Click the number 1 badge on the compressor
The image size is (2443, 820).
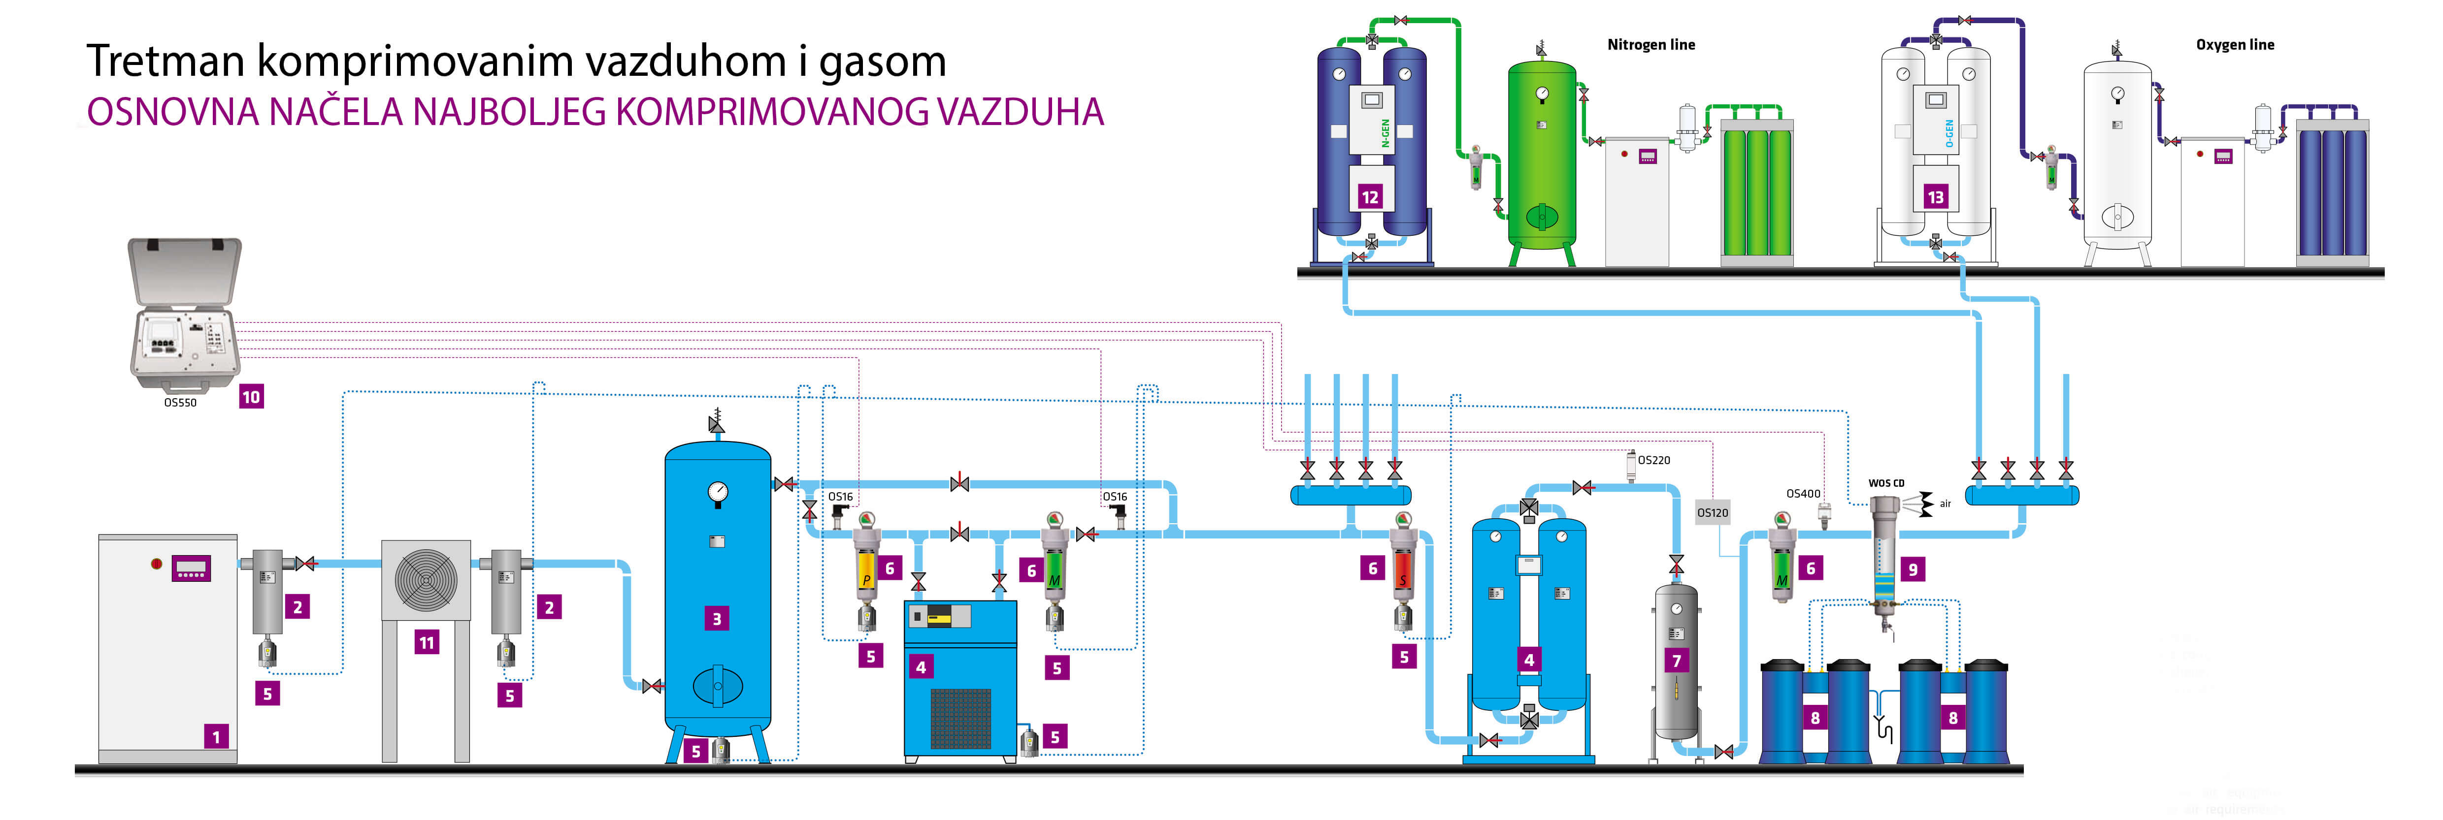pos(216,737)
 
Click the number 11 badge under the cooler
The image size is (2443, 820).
pos(427,643)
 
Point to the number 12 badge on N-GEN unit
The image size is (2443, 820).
pos(1369,197)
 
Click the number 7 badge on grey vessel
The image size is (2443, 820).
pos(1677,661)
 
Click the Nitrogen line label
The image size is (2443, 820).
pos(1651,45)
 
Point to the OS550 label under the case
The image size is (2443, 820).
pos(180,403)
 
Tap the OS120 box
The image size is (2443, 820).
pos(1713,513)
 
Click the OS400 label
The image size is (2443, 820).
pos(1803,494)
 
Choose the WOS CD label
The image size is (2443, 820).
pos(1886,483)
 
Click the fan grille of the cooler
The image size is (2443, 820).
pos(426,579)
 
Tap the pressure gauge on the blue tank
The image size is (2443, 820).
pos(718,492)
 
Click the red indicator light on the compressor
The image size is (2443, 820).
pos(157,564)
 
